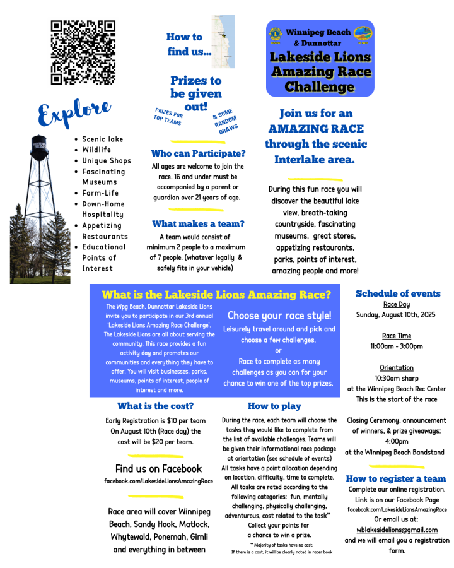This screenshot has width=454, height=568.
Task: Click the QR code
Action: (x=83, y=52)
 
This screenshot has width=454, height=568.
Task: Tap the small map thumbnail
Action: (x=223, y=41)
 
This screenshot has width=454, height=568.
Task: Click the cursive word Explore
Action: (x=74, y=113)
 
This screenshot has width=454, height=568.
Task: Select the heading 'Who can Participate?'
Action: (x=198, y=153)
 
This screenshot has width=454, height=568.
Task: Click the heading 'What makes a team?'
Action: (x=198, y=223)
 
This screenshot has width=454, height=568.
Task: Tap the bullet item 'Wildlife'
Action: (x=96, y=150)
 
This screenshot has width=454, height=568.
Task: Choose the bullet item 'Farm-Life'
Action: (x=100, y=193)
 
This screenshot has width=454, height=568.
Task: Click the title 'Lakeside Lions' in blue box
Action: (x=320, y=57)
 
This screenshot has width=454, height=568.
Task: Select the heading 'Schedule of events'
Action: (x=398, y=293)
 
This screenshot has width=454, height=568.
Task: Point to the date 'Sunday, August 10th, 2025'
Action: (x=396, y=314)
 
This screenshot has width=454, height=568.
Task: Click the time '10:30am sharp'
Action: (x=397, y=378)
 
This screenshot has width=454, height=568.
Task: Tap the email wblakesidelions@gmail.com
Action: (x=397, y=530)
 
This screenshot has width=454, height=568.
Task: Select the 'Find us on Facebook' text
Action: (x=158, y=469)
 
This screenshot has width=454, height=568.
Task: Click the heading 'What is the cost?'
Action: (x=155, y=406)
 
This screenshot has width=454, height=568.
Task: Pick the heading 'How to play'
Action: (x=274, y=406)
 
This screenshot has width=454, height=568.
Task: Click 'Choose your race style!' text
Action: (x=279, y=315)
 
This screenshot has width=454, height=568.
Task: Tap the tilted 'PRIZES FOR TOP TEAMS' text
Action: (x=169, y=117)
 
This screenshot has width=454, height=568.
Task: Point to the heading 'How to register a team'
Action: (x=396, y=478)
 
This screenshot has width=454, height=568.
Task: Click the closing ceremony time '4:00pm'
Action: (x=397, y=442)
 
